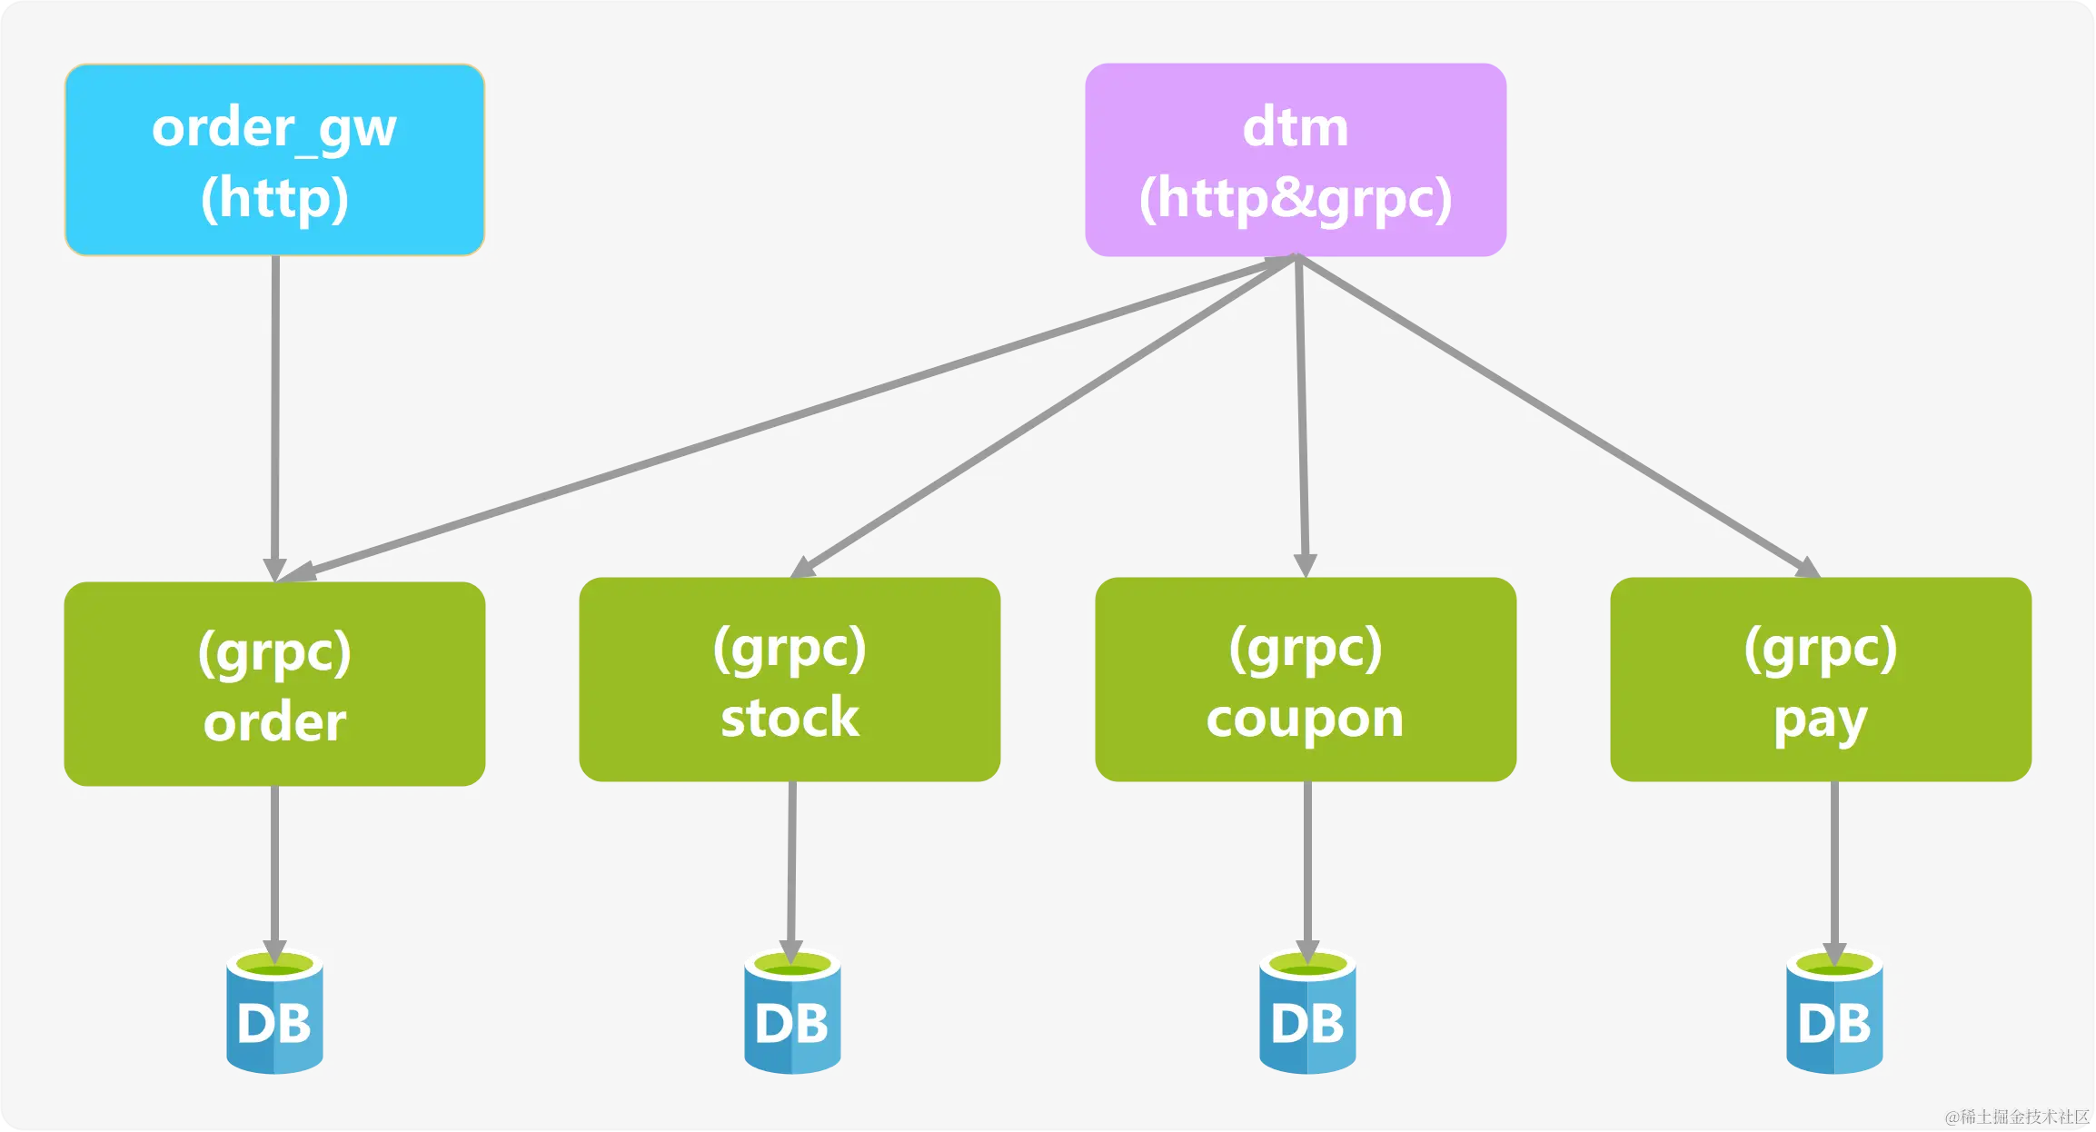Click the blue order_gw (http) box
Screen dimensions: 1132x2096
click(x=274, y=160)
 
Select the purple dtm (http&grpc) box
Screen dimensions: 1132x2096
click(x=1296, y=160)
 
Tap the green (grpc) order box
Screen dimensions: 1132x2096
click(x=274, y=683)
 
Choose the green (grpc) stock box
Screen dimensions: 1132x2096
click(x=790, y=680)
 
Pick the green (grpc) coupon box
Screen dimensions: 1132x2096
click(x=1306, y=680)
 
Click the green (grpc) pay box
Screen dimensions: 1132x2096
click(x=1821, y=680)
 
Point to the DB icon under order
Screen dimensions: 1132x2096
click(x=274, y=1014)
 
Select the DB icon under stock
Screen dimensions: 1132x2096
click(x=792, y=1014)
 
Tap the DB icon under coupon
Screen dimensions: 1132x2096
click(x=1307, y=1014)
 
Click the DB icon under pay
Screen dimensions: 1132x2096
click(x=1834, y=1014)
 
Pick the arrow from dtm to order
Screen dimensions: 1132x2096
click(x=781, y=418)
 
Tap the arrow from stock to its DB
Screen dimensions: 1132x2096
click(x=791, y=863)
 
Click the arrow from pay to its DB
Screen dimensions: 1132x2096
click(x=1834, y=863)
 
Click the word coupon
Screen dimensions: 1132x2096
click(x=1305, y=719)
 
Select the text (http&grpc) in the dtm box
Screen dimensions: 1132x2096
click(x=1296, y=198)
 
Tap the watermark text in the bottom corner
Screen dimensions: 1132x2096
click(x=2017, y=1117)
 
